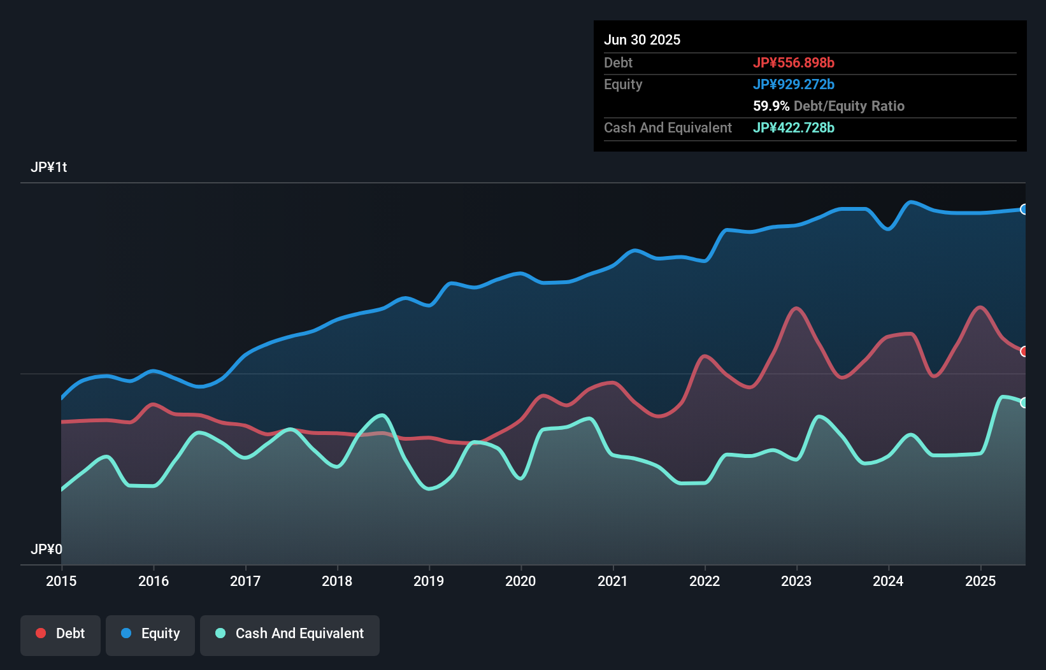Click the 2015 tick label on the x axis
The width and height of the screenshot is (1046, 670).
tap(61, 581)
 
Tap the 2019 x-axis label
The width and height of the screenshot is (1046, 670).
tap(429, 581)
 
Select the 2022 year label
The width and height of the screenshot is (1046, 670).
tap(705, 581)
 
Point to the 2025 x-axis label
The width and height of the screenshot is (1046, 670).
tap(980, 581)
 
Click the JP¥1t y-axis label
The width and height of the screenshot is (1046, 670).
tap(48, 167)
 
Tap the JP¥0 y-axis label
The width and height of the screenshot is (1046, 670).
tap(47, 549)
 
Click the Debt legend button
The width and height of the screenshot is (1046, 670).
tap(61, 634)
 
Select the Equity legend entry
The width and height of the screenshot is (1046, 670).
tap(150, 634)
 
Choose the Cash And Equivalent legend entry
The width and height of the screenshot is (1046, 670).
tap(290, 634)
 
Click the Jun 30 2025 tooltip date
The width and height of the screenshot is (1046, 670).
tap(642, 39)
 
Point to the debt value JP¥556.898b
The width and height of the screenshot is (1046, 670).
tap(794, 62)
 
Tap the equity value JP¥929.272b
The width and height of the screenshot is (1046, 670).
tap(794, 84)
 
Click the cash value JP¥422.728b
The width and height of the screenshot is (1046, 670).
tap(794, 127)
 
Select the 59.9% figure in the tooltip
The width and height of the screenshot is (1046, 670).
tap(771, 106)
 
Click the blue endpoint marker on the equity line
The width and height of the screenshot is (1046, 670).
tap(1024, 210)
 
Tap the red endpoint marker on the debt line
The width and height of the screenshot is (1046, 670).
tap(1024, 352)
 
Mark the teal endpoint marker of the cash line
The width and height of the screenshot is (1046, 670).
tap(1024, 403)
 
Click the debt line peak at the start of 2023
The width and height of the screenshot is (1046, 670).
tap(796, 308)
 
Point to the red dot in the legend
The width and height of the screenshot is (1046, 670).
tap(41, 633)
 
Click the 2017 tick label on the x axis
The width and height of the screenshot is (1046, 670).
tap(245, 581)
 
